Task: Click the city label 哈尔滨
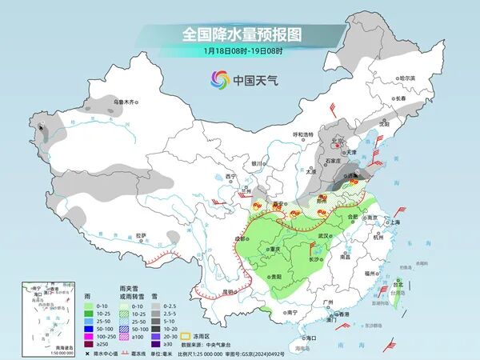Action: tap(408, 78)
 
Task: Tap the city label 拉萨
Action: tap(142, 235)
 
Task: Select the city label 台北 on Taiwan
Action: tap(398, 283)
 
